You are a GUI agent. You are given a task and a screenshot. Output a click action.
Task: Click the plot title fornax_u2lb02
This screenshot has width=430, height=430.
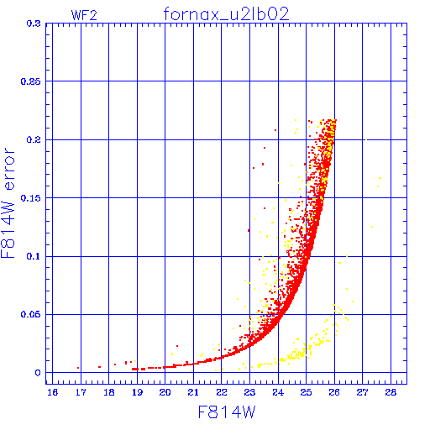pyautogui.click(x=226, y=14)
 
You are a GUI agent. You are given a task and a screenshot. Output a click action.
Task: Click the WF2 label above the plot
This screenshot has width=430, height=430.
pyautogui.click(x=84, y=15)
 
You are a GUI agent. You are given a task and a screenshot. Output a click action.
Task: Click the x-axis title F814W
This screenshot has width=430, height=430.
pyautogui.click(x=227, y=412)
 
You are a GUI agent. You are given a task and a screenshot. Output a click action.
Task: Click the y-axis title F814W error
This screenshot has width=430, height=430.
pyautogui.click(x=8, y=203)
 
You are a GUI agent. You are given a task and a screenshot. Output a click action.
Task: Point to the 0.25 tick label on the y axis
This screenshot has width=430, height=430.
pyautogui.click(x=30, y=81)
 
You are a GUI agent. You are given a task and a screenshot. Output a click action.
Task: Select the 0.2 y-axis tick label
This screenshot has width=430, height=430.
pyautogui.click(x=34, y=139)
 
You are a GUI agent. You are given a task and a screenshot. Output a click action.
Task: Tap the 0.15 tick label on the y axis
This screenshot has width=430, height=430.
pyautogui.click(x=30, y=198)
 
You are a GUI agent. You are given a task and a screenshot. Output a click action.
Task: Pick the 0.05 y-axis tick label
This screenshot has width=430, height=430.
pyautogui.click(x=30, y=314)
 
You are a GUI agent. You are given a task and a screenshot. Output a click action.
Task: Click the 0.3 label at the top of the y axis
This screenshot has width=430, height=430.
pyautogui.click(x=34, y=24)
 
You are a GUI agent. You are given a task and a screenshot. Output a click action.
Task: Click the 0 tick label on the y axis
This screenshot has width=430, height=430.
pyautogui.click(x=38, y=373)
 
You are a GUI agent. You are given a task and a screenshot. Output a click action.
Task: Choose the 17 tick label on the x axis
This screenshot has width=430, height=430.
pyautogui.click(x=81, y=392)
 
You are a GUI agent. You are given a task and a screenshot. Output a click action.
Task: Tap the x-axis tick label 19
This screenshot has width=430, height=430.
pyautogui.click(x=137, y=392)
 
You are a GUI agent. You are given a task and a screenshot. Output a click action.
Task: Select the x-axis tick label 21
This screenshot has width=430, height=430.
pyautogui.click(x=193, y=392)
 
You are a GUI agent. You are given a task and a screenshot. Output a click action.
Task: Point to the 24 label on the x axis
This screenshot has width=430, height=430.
pyautogui.click(x=278, y=392)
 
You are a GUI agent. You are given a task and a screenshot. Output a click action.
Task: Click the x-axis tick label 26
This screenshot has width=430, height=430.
pyautogui.click(x=334, y=392)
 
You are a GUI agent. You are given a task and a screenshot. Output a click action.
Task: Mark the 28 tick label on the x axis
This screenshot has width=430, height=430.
pyautogui.click(x=391, y=392)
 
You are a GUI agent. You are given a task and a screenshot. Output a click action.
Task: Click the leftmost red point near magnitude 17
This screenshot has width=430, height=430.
pyautogui.click(x=78, y=368)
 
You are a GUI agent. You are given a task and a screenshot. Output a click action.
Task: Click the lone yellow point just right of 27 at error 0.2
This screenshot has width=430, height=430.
pyautogui.click(x=366, y=139)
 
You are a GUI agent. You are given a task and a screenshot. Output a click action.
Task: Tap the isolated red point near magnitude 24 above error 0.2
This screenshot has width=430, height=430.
pyautogui.click(x=275, y=130)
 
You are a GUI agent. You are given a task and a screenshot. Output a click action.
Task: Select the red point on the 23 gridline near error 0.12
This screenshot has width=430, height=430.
pyautogui.click(x=249, y=230)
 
